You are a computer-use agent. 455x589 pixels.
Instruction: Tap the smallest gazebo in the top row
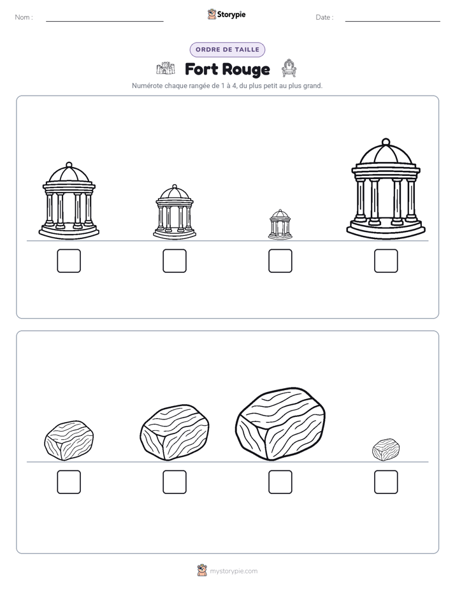coord(280,224)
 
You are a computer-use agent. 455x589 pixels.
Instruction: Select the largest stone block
coord(280,424)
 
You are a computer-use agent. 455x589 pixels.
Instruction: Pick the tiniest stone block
coord(386,449)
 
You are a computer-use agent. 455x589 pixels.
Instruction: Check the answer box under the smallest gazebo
coord(280,261)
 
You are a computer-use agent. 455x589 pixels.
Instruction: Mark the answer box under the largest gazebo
coord(386,261)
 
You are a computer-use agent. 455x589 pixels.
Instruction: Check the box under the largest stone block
coord(280,482)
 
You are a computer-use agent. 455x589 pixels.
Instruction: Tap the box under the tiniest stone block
coord(386,482)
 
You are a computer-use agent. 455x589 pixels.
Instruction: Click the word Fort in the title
coord(201,69)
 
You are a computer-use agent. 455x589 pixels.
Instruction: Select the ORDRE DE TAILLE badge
coord(227,50)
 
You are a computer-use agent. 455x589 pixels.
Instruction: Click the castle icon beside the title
coord(166,68)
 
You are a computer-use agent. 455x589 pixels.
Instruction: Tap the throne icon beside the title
coord(289,68)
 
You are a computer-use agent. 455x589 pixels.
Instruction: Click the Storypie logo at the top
coord(227,15)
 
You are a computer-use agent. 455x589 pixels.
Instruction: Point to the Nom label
coord(24,17)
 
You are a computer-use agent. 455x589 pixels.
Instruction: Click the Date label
coord(324,17)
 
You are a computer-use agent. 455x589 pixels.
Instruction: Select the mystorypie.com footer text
coord(233,571)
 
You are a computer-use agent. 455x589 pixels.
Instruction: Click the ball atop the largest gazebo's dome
coord(386,142)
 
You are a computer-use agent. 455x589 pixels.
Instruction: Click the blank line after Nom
coord(105,22)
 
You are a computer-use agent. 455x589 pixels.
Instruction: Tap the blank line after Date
coord(393,22)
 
